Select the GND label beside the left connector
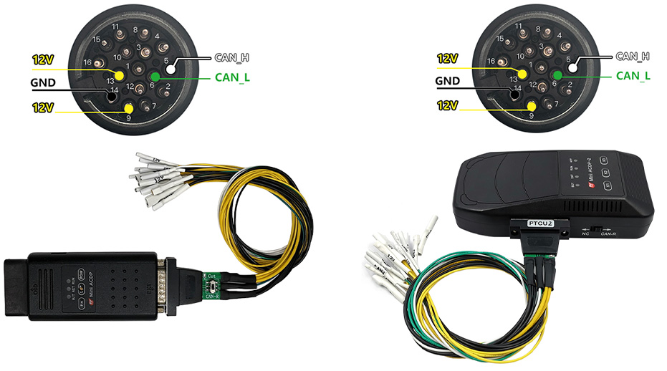click(x=44, y=82)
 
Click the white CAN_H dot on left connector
click(x=171, y=69)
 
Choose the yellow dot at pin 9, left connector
click(x=129, y=108)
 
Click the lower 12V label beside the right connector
click(x=447, y=105)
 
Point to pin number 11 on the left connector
click(x=115, y=26)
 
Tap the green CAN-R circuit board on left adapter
click(x=211, y=284)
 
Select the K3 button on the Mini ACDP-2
click(x=605, y=160)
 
